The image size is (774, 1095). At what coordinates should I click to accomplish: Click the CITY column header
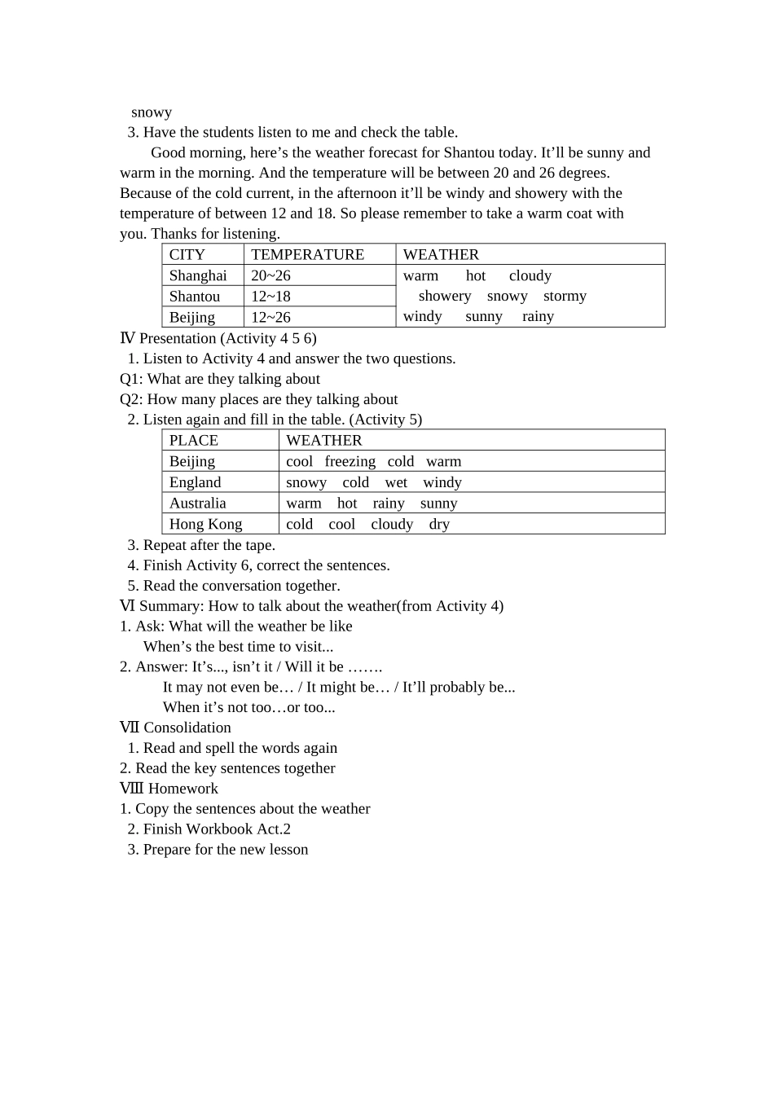(x=187, y=254)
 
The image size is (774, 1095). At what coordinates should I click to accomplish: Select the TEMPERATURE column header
(x=307, y=254)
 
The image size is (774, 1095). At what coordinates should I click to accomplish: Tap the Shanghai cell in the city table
(x=198, y=275)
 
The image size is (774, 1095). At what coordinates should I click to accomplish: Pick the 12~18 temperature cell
(x=270, y=297)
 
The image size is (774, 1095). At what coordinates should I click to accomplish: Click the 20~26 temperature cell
(x=270, y=275)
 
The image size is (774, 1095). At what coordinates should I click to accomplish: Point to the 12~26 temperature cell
(x=270, y=318)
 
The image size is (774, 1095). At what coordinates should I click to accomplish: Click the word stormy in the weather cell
(x=565, y=296)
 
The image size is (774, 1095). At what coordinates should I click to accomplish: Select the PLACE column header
(x=194, y=440)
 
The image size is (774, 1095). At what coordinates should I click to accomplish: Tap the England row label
(x=195, y=482)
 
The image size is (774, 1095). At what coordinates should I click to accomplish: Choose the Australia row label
(x=198, y=504)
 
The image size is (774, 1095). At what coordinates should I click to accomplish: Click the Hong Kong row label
(x=205, y=525)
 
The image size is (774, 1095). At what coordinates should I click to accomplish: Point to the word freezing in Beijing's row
(x=350, y=461)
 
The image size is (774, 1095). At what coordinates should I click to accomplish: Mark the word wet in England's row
(x=396, y=482)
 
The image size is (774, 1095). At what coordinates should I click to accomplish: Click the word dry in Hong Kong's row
(x=439, y=525)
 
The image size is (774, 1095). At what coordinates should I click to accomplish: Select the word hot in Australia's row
(x=347, y=504)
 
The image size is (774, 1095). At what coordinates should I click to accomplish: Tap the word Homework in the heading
(x=183, y=789)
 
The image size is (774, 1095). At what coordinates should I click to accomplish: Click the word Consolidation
(x=187, y=728)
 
